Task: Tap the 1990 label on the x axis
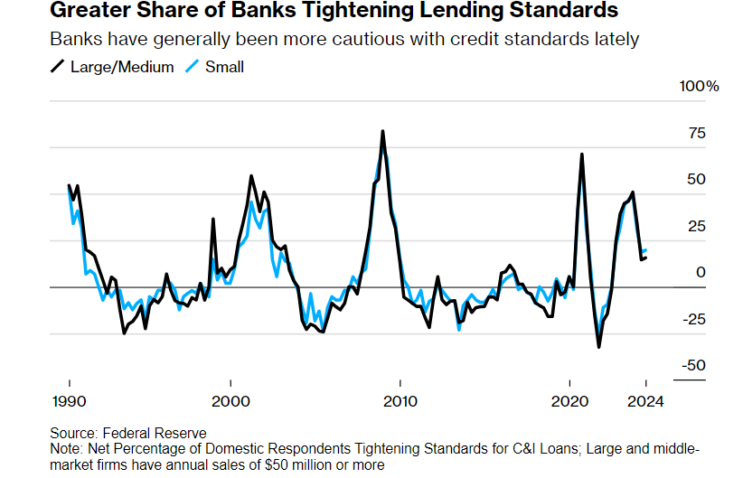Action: click(69, 401)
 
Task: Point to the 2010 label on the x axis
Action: click(400, 401)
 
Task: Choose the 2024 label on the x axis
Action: click(645, 401)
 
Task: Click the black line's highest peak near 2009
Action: click(382, 131)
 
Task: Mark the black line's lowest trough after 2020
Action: click(598, 346)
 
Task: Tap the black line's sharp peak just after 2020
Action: click(581, 155)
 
